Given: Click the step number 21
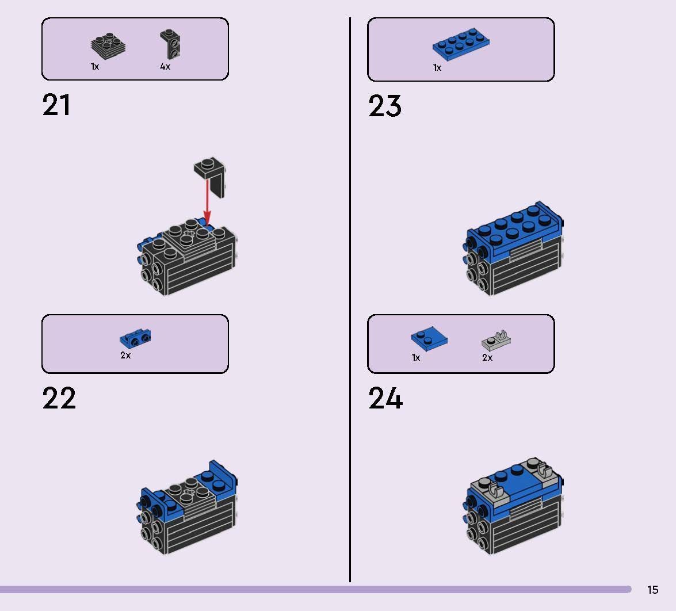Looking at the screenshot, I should [x=56, y=106].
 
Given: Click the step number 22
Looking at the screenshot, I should [x=59, y=399].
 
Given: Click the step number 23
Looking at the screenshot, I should [x=385, y=106].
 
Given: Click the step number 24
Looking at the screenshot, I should [x=385, y=399].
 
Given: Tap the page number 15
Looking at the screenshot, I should [x=652, y=590].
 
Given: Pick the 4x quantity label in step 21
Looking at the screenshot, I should [x=165, y=67].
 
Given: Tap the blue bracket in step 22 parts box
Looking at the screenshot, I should [x=135, y=339].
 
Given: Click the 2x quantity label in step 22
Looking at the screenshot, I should [x=125, y=356].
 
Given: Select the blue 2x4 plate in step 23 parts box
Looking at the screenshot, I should [x=461, y=45].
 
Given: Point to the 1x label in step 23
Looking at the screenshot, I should [x=437, y=68].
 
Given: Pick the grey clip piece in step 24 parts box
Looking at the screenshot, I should [x=497, y=341].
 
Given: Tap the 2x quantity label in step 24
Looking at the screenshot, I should [x=487, y=358].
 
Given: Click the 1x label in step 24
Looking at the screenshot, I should [x=416, y=358].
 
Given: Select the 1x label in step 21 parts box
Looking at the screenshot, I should [x=95, y=67].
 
